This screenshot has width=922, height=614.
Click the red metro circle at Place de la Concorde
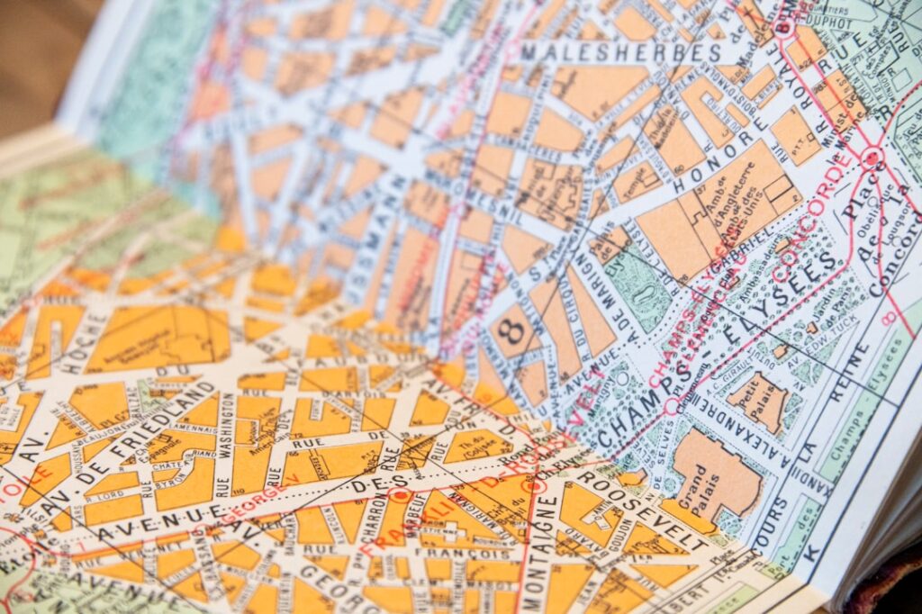(x=870, y=158)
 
